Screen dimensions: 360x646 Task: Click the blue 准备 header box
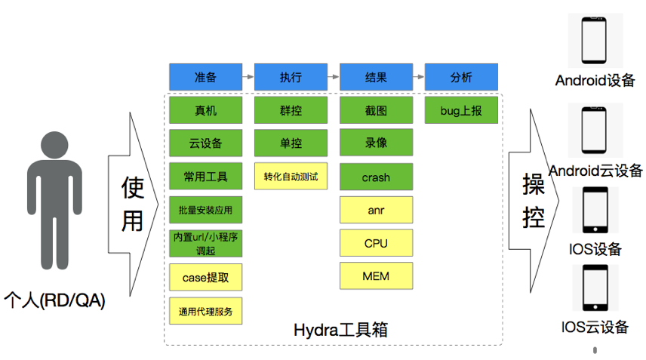[205, 77]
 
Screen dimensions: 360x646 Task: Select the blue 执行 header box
[291, 77]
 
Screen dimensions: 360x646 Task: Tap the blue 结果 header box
[376, 77]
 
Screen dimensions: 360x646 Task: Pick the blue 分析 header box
[461, 77]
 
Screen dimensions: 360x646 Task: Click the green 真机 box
[205, 110]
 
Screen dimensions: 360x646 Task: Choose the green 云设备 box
[205, 143]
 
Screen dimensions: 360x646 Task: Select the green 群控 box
[291, 110]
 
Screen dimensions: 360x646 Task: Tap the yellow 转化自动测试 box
[291, 177]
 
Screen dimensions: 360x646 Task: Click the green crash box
[376, 177]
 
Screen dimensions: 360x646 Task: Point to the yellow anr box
[376, 210]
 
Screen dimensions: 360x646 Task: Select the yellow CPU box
[376, 243]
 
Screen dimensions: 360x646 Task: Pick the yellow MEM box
[376, 276]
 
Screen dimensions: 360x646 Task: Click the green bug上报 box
[461, 110]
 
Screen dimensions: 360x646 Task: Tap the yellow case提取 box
[205, 277]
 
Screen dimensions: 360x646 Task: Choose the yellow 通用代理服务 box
[205, 310]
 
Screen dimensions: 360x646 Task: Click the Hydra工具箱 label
[340, 330]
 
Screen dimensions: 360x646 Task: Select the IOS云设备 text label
[595, 327]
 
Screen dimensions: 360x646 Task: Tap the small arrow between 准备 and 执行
[248, 77]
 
